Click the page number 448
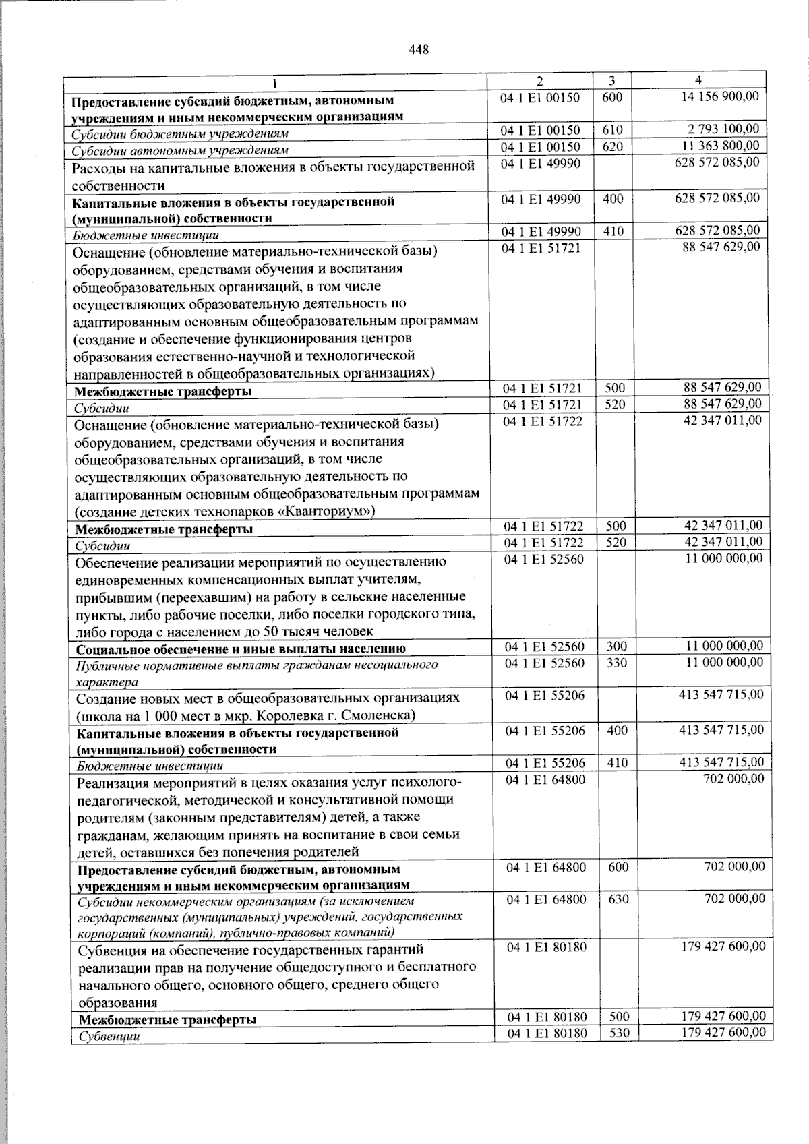418,49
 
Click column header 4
698,80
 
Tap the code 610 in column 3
613,129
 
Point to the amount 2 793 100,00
724,129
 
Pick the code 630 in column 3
618,899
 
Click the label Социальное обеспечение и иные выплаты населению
241,649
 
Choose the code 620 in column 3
613,146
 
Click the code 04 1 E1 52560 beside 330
545,663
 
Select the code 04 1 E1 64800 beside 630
546,899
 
